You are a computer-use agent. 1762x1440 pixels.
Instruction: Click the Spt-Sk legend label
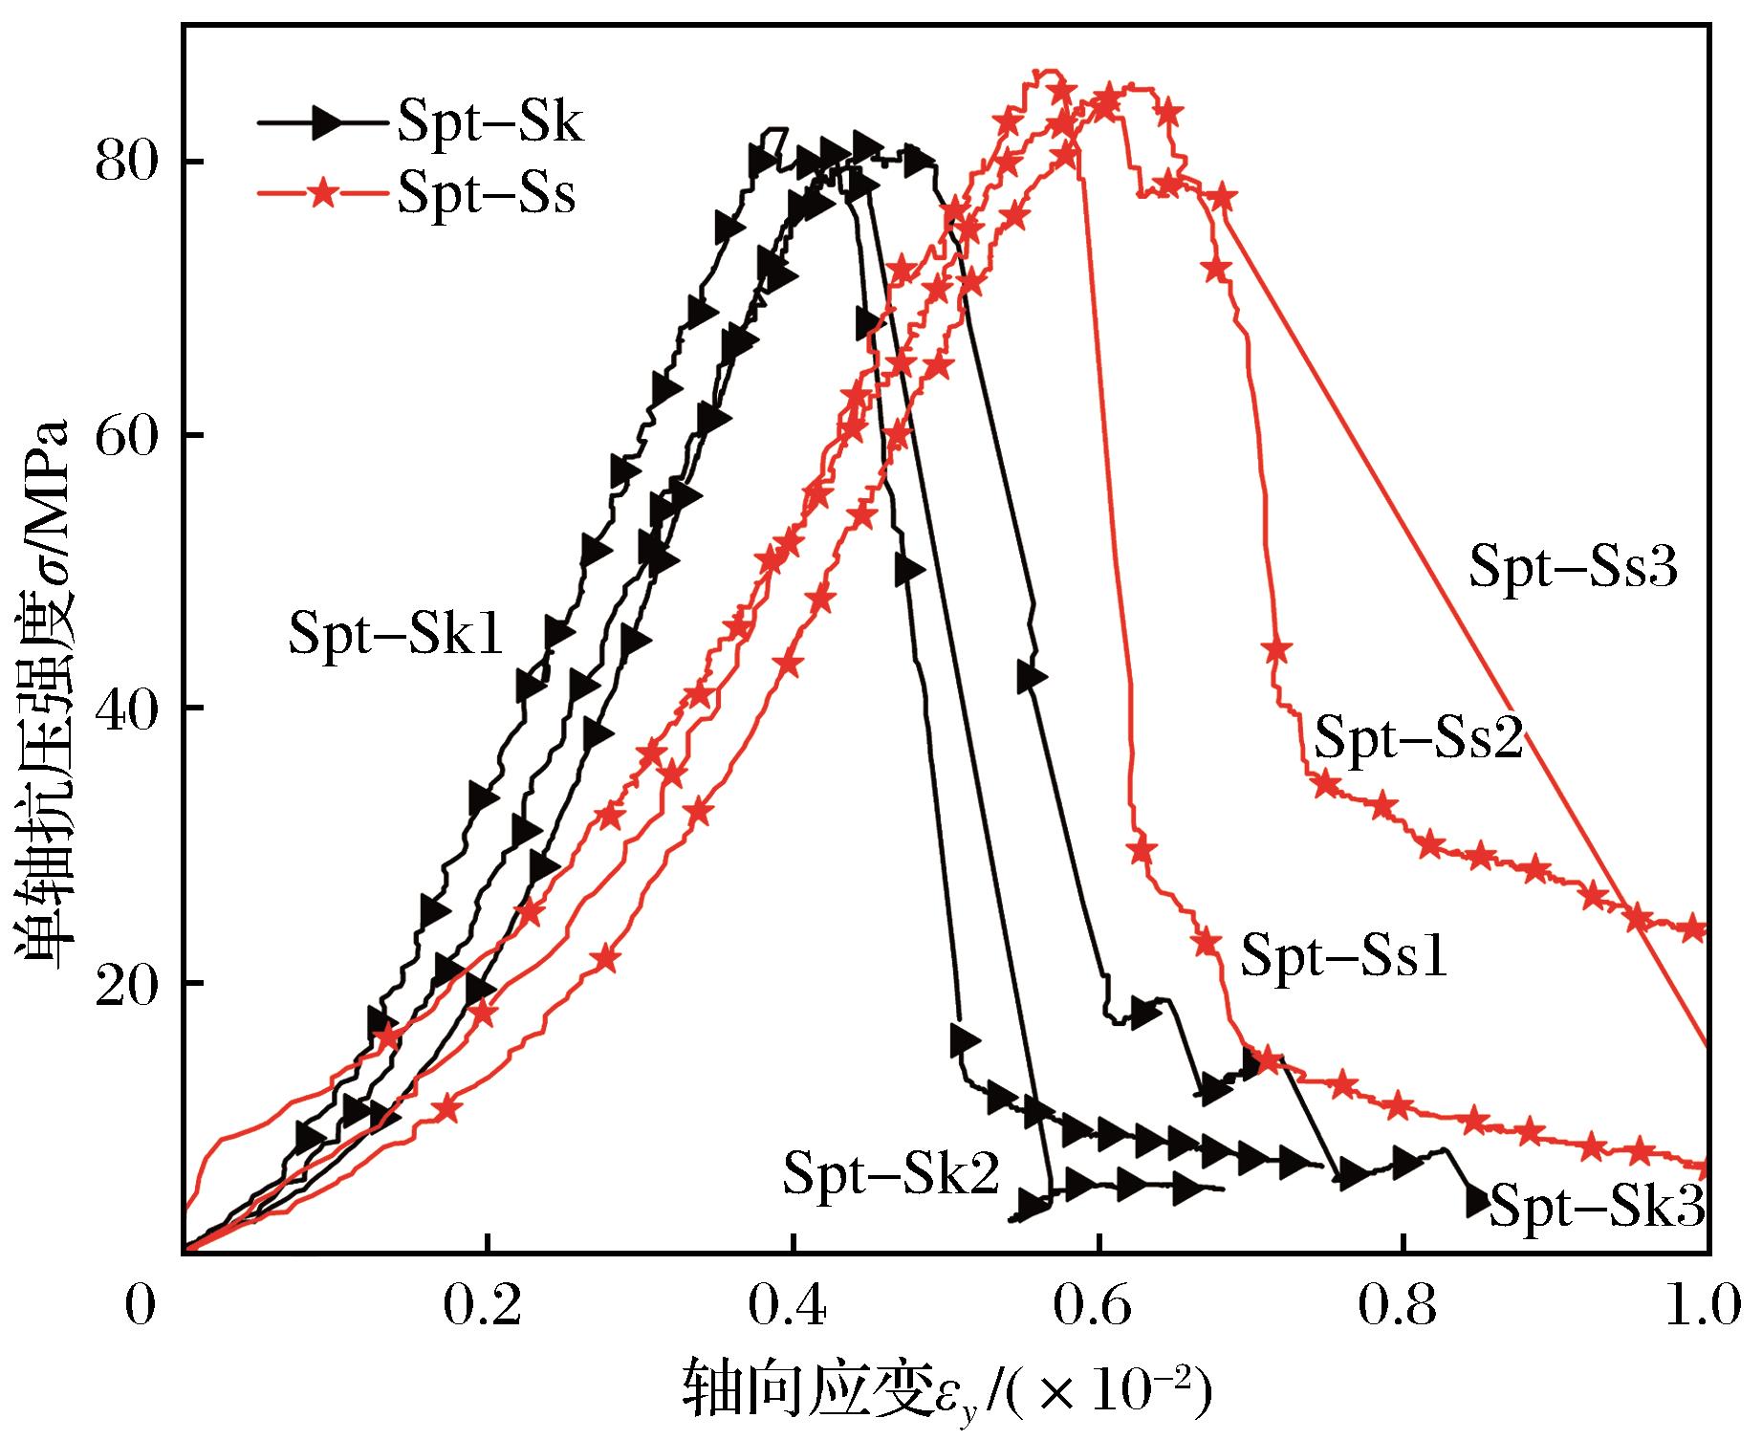(x=489, y=123)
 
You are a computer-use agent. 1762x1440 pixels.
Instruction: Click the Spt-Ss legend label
(x=487, y=195)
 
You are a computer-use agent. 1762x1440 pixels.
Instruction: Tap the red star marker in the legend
(x=325, y=194)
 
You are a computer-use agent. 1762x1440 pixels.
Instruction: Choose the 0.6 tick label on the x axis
(x=1099, y=1307)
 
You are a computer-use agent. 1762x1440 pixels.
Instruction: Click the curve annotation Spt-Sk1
(x=396, y=634)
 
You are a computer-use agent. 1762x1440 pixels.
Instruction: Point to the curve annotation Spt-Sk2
(x=891, y=1174)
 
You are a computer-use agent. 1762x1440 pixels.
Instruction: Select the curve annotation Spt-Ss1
(x=1344, y=955)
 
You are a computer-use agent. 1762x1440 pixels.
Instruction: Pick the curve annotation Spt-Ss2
(x=1419, y=739)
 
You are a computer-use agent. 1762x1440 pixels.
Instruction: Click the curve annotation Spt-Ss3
(x=1574, y=567)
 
